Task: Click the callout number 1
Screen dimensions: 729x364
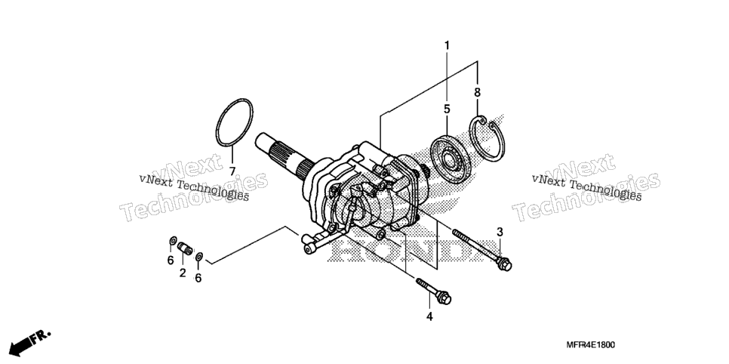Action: point(448,45)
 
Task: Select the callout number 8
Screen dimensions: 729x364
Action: point(477,93)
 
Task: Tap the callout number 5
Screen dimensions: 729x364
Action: point(447,110)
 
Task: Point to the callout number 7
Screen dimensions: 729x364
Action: point(232,171)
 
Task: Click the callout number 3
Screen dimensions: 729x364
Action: point(500,231)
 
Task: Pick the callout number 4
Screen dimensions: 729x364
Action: point(429,316)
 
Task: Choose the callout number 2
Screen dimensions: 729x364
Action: point(183,273)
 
